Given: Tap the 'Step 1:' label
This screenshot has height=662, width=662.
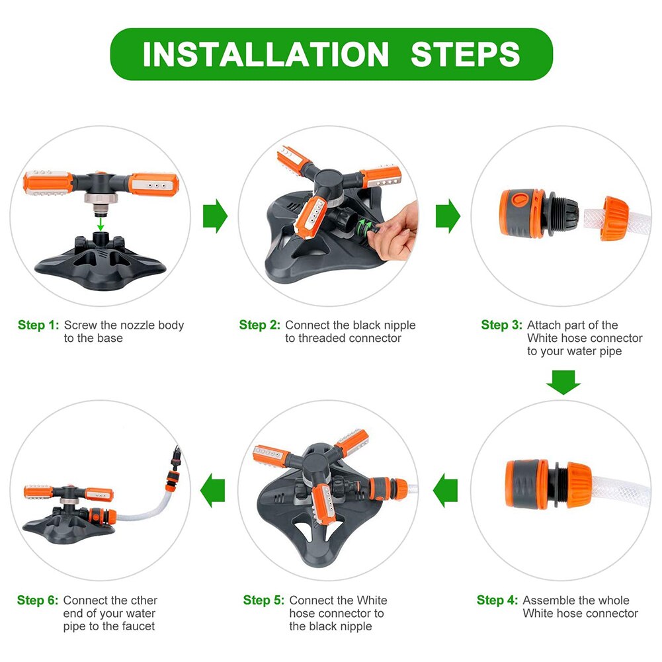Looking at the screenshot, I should click(x=38, y=325).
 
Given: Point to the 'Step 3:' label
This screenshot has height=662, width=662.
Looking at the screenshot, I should click(x=501, y=325).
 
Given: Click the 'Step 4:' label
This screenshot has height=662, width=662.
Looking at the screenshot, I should click(x=497, y=600).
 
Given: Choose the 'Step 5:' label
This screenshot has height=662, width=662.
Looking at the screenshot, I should click(x=263, y=600).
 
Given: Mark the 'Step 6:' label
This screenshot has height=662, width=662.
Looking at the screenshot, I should click(x=38, y=600).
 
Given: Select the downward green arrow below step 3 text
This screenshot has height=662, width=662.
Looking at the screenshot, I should click(x=563, y=382).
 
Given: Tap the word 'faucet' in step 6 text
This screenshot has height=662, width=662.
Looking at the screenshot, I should click(x=139, y=626).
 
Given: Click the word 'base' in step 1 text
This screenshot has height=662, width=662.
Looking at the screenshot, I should click(x=110, y=338).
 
